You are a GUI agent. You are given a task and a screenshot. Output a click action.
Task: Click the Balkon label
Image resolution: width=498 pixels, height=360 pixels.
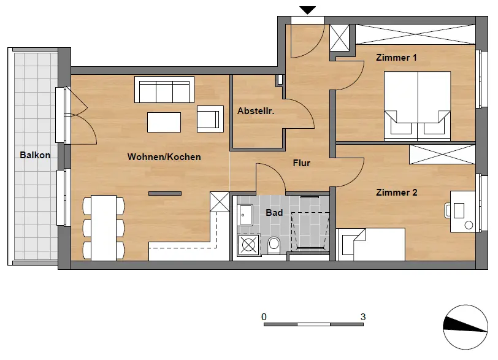coord(35,155)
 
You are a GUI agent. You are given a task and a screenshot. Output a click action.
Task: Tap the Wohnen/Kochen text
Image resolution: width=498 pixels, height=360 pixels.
coord(164,157)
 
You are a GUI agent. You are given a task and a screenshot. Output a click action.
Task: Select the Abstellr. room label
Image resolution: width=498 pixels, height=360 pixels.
coord(256,111)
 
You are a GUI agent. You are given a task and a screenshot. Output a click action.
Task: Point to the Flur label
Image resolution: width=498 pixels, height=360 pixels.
coord(301,163)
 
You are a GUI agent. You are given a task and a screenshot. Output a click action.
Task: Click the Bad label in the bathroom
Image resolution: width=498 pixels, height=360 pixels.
coord(274,213)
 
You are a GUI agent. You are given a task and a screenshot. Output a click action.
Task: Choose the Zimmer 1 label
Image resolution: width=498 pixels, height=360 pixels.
coord(396,58)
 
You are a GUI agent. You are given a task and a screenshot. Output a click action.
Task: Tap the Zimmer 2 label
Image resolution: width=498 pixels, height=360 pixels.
coord(396,193)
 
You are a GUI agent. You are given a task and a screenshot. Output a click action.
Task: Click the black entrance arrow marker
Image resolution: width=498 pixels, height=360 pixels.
coord(307,10)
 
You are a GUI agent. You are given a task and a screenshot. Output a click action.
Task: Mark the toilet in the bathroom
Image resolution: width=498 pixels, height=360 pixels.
coord(274,245)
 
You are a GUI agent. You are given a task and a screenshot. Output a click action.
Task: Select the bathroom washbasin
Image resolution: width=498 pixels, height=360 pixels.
coord(245,215)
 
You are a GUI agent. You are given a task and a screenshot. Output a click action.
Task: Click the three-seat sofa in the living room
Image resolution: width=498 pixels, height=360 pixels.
coord(164,90)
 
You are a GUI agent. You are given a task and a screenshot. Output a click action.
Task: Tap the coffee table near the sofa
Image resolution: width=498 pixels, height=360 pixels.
coord(164,122)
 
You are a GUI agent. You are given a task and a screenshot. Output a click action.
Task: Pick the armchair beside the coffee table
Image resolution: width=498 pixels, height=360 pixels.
coord(210,119)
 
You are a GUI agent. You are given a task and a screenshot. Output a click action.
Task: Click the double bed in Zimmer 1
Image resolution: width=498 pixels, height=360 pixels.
coord(417,106)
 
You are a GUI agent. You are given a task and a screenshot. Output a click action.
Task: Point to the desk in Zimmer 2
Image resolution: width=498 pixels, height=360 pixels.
coord(463,212)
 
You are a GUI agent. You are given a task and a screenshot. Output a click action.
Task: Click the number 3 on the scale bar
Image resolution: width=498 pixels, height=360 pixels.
coord(363,317)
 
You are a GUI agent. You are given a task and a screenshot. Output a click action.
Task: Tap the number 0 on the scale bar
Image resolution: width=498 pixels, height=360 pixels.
coord(264,317)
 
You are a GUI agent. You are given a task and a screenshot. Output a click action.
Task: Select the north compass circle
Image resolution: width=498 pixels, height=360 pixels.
coord(465,327)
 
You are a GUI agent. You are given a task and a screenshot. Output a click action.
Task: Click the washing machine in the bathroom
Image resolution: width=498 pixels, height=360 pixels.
coord(248,245)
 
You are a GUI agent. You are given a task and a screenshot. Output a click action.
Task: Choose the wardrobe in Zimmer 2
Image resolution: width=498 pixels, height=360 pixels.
coord(442,155)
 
